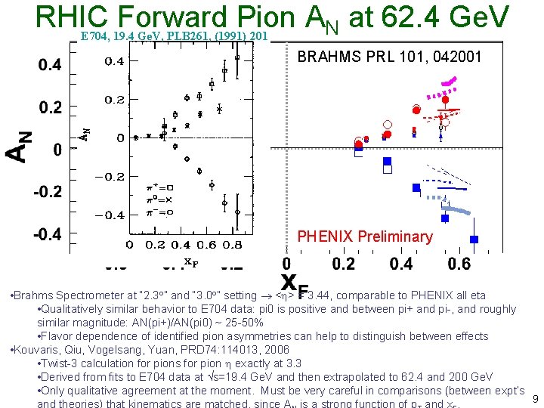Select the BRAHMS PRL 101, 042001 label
pos(389,57)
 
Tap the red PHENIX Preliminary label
pos(365,236)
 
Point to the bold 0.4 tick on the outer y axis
pos(49,66)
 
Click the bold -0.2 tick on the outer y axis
pos(47,192)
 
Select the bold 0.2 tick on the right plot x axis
pos(343,264)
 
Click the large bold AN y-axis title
pos(20,145)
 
